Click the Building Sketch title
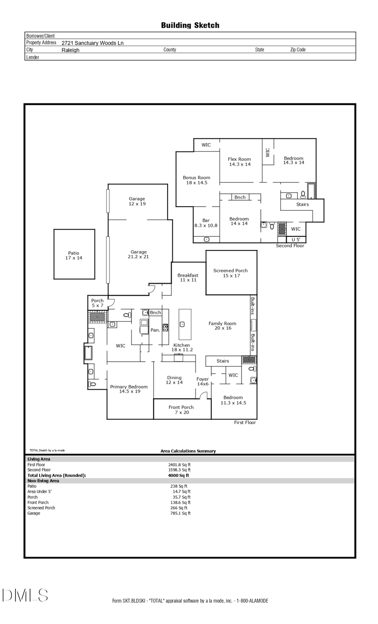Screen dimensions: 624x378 (190, 25)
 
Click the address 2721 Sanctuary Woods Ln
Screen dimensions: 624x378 (92, 43)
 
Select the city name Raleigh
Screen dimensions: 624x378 (70, 50)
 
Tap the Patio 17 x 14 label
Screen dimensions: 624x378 (73, 255)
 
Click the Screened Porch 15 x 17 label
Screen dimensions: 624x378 (231, 273)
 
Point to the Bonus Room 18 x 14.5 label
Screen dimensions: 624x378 (197, 180)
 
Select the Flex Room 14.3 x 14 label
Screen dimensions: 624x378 (239, 162)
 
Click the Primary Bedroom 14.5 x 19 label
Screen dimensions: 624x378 (129, 389)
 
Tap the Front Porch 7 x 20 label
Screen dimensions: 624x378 (181, 410)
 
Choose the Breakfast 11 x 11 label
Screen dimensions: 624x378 (188, 278)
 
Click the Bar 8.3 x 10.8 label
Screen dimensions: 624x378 (206, 223)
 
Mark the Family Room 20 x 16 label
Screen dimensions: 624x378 (223, 326)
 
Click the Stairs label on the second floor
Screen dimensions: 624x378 (302, 204)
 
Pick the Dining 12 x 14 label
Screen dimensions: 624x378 (174, 380)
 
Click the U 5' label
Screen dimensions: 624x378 (296, 240)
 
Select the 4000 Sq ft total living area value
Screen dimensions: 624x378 (178, 475)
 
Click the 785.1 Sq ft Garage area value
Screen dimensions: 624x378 (181, 513)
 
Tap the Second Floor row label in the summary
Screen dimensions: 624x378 (39, 470)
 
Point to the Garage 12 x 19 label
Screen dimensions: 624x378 (137, 201)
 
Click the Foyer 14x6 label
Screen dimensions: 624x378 (202, 382)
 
